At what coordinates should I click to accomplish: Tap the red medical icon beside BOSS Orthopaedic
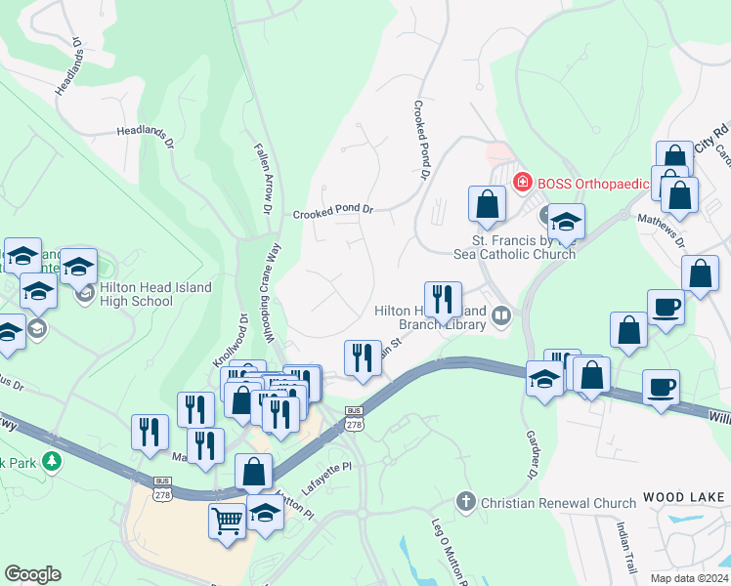(522, 182)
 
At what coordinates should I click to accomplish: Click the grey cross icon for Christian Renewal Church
(466, 503)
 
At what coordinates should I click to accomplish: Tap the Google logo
(32, 574)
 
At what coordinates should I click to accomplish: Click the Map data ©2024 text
(690, 578)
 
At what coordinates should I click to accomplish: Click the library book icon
(501, 314)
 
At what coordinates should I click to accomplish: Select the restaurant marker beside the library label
(443, 302)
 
